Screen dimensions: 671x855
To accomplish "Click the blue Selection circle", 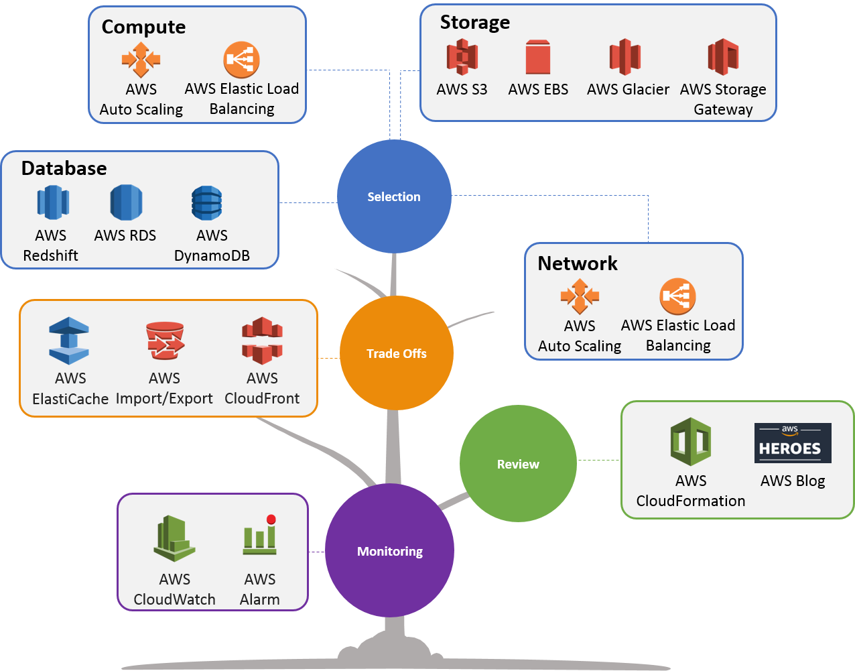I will [x=394, y=196].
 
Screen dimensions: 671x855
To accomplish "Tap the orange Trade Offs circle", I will [x=397, y=353].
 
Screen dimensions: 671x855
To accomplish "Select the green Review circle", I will [x=518, y=464].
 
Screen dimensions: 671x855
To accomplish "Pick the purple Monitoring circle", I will [x=390, y=551].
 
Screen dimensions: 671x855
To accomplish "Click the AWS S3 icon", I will [x=462, y=57].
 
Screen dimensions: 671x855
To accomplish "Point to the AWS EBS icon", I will [x=537, y=57].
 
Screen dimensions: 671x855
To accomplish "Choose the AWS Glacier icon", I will [x=625, y=57].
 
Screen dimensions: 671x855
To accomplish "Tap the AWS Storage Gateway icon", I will [x=723, y=57].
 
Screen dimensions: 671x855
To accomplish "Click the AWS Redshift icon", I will [x=52, y=202].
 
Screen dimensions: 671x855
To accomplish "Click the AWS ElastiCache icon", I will [x=69, y=341].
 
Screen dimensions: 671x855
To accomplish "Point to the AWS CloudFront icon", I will [x=262, y=341].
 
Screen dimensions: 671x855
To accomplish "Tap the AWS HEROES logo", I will [x=793, y=443].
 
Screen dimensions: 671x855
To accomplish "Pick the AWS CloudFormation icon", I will [x=691, y=442].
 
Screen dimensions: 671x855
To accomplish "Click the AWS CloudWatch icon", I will [x=174, y=538].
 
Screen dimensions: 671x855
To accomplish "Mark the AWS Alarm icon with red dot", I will [x=260, y=536].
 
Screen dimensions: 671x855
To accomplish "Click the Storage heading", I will [x=475, y=23].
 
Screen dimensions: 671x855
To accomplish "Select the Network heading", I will [x=578, y=263].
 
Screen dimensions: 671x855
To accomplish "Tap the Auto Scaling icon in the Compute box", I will [x=141, y=60].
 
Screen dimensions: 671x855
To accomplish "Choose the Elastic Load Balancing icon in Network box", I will [x=678, y=296].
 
